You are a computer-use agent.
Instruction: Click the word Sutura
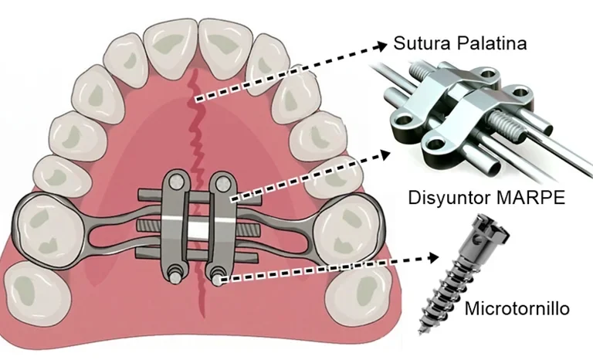[x=422, y=42]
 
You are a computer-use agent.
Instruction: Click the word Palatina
[x=492, y=42]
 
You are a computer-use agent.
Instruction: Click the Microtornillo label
[x=517, y=308]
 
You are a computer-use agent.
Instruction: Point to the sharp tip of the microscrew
[x=420, y=333]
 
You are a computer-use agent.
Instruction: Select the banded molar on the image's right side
[x=347, y=231]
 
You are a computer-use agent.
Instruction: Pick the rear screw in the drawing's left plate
[x=175, y=275]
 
